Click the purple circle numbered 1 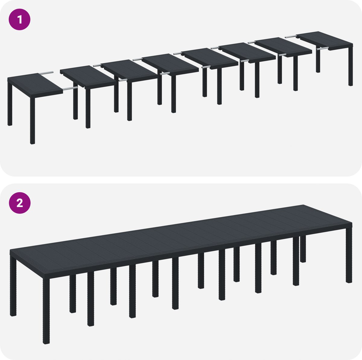coord(20,19)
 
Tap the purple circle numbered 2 coord(20,203)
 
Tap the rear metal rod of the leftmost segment coord(46,73)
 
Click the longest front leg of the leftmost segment coord(33,121)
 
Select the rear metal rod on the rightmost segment coord(291,36)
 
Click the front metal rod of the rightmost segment coord(322,49)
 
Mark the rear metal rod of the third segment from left coord(97,65)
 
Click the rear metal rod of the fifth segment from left coord(178,54)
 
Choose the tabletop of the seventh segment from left coord(284,47)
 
